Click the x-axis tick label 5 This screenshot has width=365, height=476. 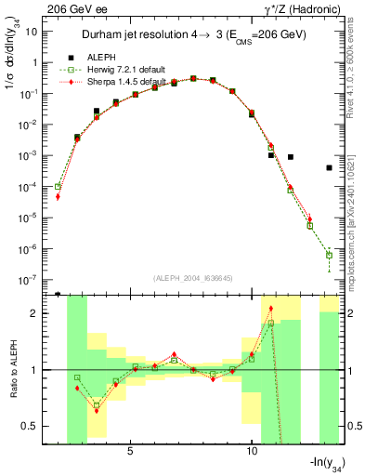click(x=130, y=452)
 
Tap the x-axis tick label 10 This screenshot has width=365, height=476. click(x=252, y=452)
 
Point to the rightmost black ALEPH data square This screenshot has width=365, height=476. click(x=330, y=167)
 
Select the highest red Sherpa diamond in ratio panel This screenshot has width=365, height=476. click(x=271, y=309)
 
